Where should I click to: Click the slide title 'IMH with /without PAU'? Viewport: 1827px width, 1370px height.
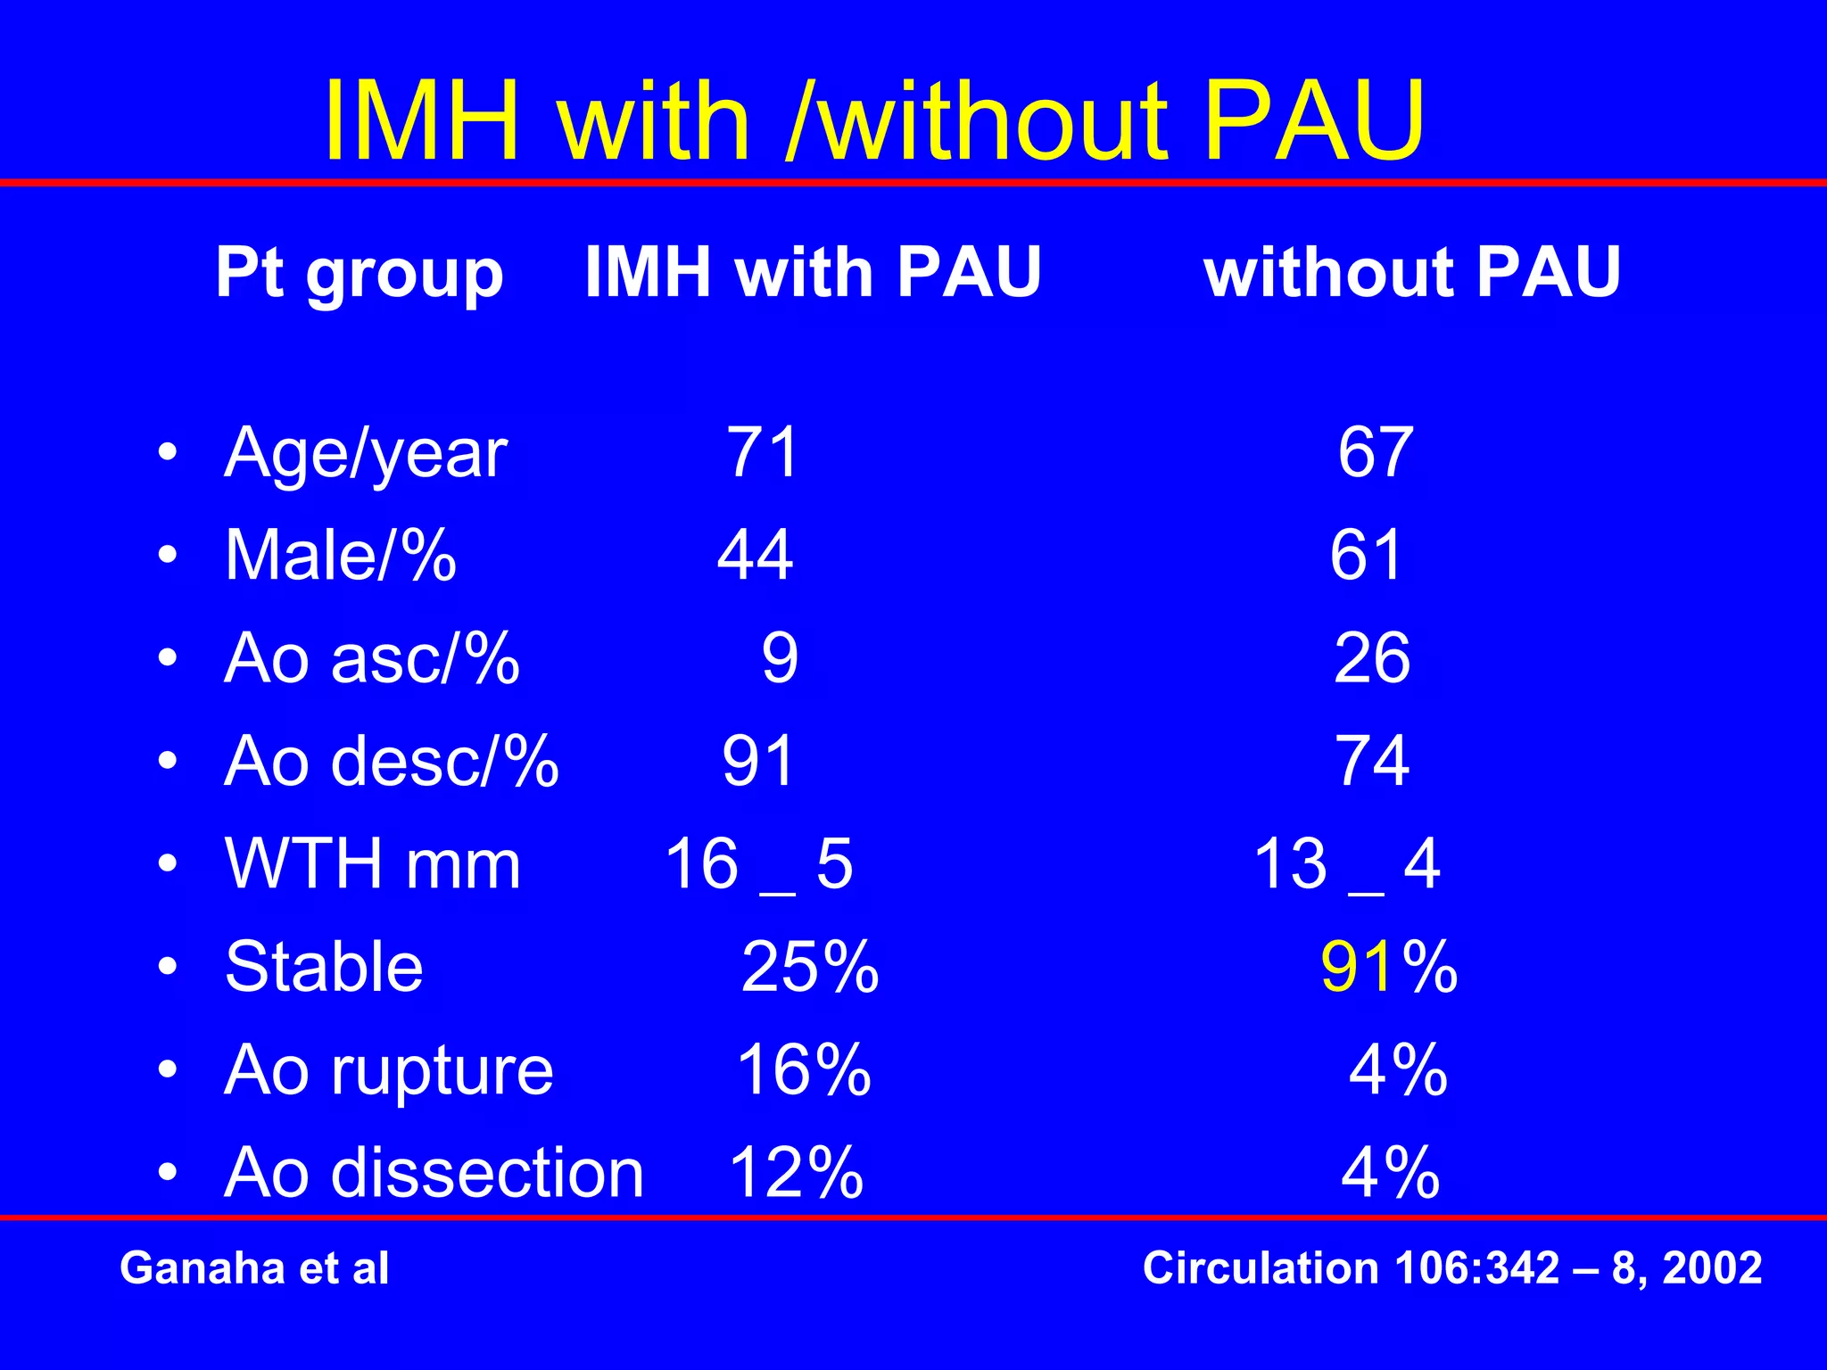point(874,120)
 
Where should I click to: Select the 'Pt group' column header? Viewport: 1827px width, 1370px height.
point(360,272)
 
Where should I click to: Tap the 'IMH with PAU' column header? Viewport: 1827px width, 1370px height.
point(813,272)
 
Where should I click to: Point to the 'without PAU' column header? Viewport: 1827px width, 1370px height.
point(1412,272)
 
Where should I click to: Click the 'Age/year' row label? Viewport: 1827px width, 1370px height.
point(366,453)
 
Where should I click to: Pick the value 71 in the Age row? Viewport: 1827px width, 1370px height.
point(762,452)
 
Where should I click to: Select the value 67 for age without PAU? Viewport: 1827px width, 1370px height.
point(1375,452)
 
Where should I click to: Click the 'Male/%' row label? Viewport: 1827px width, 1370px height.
point(341,556)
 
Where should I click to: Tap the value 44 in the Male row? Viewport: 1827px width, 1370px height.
point(755,555)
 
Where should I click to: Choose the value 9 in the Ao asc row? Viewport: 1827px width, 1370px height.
point(780,658)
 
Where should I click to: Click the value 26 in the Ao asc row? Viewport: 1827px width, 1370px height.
point(1372,658)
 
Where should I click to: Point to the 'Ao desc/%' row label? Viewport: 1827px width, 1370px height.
point(392,762)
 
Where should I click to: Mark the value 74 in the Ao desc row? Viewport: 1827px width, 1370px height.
point(1372,762)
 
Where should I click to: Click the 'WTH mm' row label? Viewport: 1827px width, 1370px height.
point(373,864)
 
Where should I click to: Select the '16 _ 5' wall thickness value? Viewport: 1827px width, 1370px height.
point(759,864)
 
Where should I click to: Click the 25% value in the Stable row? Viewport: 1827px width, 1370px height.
point(810,967)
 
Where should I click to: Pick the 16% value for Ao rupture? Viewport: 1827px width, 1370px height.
point(804,1069)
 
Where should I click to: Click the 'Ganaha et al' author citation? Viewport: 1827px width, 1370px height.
point(254,1267)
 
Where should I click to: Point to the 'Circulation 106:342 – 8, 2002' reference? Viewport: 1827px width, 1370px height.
point(1452,1267)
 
